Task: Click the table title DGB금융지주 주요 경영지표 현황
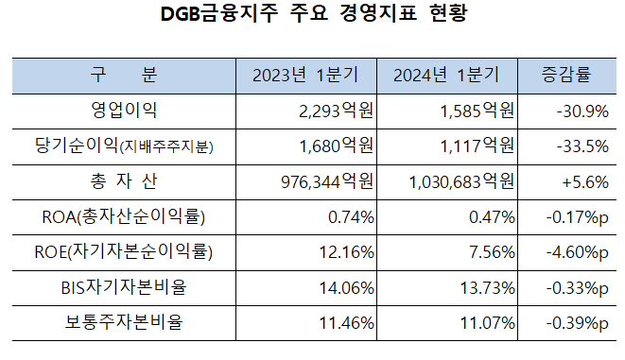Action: point(313,16)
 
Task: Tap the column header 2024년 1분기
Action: point(446,75)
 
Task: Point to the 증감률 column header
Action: point(567,75)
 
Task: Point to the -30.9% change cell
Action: point(582,111)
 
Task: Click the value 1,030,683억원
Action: point(462,180)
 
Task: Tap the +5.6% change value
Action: point(586,180)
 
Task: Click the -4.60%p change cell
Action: point(577,252)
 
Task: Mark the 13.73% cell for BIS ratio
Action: point(488,287)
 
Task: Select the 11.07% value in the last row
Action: point(488,323)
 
